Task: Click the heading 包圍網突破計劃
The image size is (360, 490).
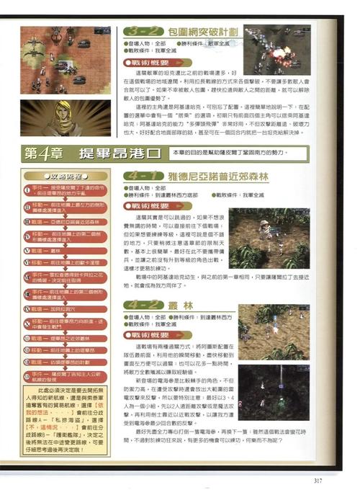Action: pos(204,32)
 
